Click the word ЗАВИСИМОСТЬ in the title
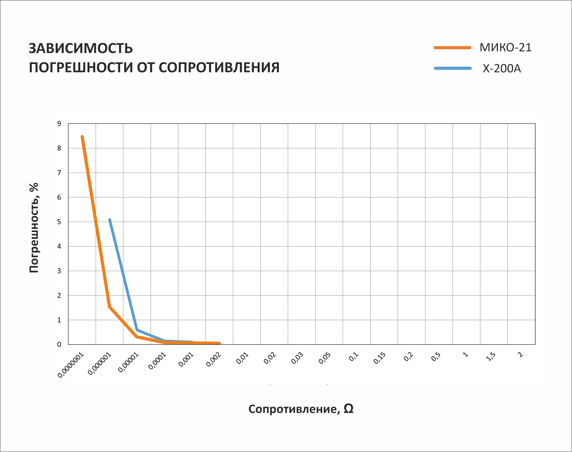81,48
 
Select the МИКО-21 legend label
505,48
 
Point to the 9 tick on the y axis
59,124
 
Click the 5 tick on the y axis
59,222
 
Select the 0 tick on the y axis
59,344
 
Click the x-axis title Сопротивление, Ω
301,409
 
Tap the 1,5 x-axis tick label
491,357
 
